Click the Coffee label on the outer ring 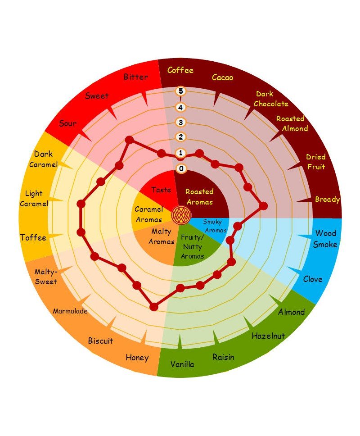coord(180,70)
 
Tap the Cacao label coord(222,77)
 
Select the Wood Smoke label coord(325,239)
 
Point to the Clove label coord(312,279)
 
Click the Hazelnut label coord(268,336)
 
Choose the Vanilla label coord(182,364)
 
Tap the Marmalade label coord(70,311)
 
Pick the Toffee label coord(33,237)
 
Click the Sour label coord(67,123)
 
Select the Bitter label coord(135,77)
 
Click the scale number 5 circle coord(181,91)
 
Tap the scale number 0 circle coord(181,169)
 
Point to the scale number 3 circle coord(181,122)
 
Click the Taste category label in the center coord(161,190)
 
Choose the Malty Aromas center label coord(161,236)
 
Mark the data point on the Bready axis coord(263,206)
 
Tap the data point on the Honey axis coord(154,307)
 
